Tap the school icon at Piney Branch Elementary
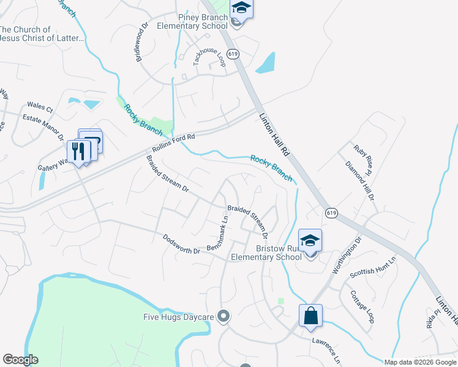coord(241,10)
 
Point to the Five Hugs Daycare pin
coord(223,316)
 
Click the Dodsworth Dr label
coord(181,244)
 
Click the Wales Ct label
coord(40,107)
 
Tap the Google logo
coord(20,360)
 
